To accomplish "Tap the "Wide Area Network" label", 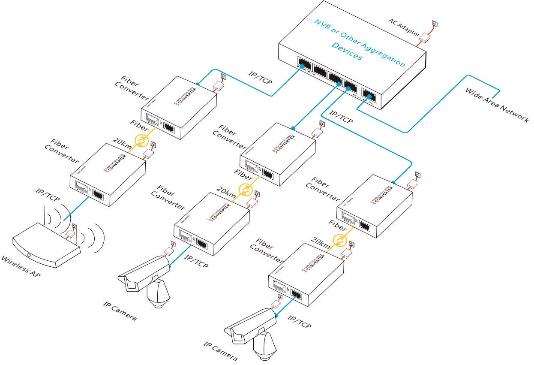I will coord(497,106).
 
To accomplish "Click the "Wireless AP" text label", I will coord(21,267).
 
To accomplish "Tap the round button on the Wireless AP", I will coord(29,256).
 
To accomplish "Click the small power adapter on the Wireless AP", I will coord(70,234).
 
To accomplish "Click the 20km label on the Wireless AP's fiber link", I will coord(122,143).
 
